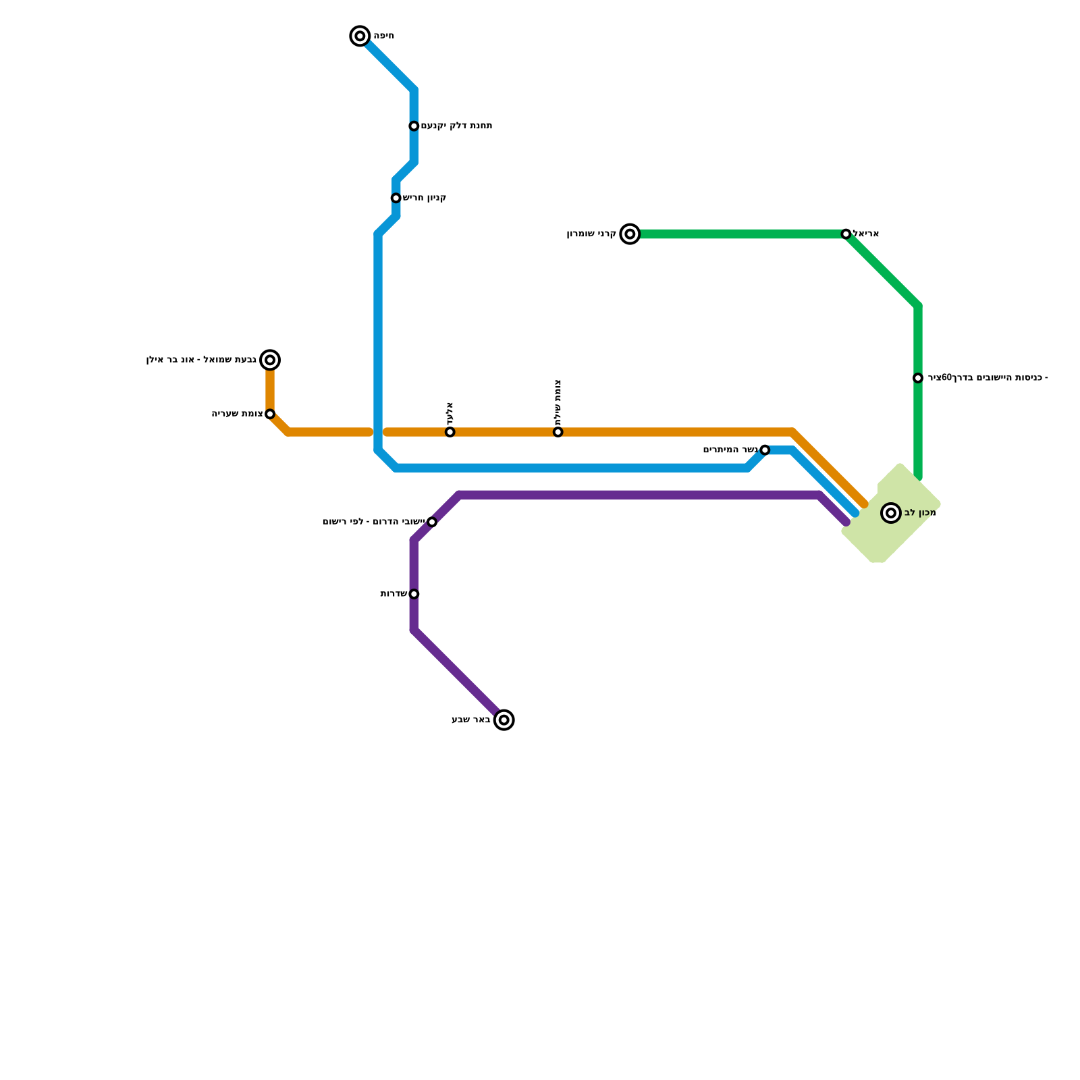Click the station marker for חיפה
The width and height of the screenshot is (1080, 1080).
point(360,36)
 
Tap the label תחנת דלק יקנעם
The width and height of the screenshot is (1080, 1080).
point(456,126)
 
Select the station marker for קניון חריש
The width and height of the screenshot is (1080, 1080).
point(396,198)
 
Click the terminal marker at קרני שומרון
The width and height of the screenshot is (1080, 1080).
point(630,234)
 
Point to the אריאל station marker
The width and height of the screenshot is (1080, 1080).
point(846,234)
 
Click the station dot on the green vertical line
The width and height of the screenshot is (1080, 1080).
point(918,378)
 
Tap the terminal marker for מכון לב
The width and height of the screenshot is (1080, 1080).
point(891,513)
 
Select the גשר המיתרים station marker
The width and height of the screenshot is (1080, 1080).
point(765,450)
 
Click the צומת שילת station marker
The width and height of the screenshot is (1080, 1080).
point(558,432)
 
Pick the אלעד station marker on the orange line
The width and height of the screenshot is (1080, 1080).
point(450,432)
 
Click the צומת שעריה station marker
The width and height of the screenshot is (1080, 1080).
point(270,414)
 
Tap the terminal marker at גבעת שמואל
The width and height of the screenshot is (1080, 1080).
point(270,360)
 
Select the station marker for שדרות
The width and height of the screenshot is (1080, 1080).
point(414,594)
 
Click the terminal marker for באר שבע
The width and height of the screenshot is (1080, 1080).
point(504,720)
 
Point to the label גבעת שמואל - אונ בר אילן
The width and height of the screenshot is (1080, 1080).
point(201,360)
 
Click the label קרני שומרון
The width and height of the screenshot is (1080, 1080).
point(591,234)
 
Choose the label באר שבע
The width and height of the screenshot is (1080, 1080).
point(471,720)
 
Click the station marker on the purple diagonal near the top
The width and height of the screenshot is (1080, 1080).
point(432,522)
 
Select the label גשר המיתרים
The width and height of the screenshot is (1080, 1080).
point(730,450)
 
